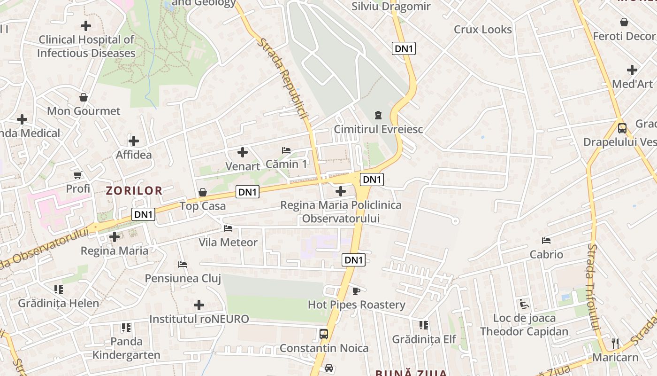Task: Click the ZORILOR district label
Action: tap(134, 190)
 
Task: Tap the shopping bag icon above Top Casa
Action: tap(203, 192)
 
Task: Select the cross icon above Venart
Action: tap(243, 152)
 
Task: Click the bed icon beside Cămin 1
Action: tap(286, 150)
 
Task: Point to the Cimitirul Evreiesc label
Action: tap(378, 129)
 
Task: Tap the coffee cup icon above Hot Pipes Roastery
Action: tap(356, 291)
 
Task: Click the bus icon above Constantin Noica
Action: tap(324, 334)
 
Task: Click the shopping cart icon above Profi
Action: tap(78, 175)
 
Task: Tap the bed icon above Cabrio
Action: tap(546, 241)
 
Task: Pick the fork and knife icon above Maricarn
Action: tap(615, 344)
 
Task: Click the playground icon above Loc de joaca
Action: tap(524, 304)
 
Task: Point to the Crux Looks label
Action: tap(482, 29)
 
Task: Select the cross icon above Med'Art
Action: tap(632, 70)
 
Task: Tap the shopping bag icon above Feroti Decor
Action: tap(624, 22)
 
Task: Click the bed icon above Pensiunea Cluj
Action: tap(183, 265)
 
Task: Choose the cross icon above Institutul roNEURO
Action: tap(199, 305)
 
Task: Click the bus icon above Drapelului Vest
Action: tap(622, 128)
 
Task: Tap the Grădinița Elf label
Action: tap(424, 339)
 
